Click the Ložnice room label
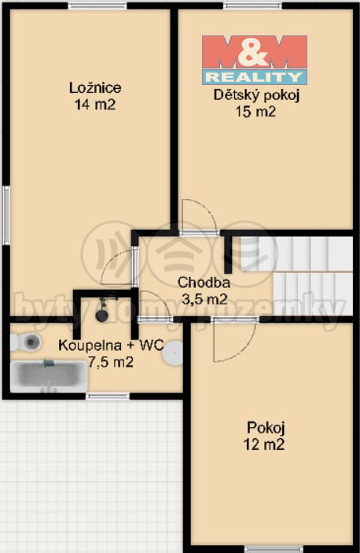coord(95,88)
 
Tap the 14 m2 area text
coord(95,105)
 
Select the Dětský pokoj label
coord(256,95)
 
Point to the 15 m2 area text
coord(255,112)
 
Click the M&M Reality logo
coord(255,60)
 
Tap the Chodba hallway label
coord(204,282)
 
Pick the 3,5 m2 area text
coord(204,299)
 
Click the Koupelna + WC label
coord(111,345)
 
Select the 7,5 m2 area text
coord(111,362)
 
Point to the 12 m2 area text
coord(264,444)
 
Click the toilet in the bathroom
coord(26,342)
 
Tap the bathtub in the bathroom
coord(49,376)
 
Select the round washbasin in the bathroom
coord(173,352)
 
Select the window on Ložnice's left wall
coord(6,215)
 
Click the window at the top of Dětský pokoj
coord(252,6)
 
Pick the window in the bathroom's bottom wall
coord(108,396)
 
